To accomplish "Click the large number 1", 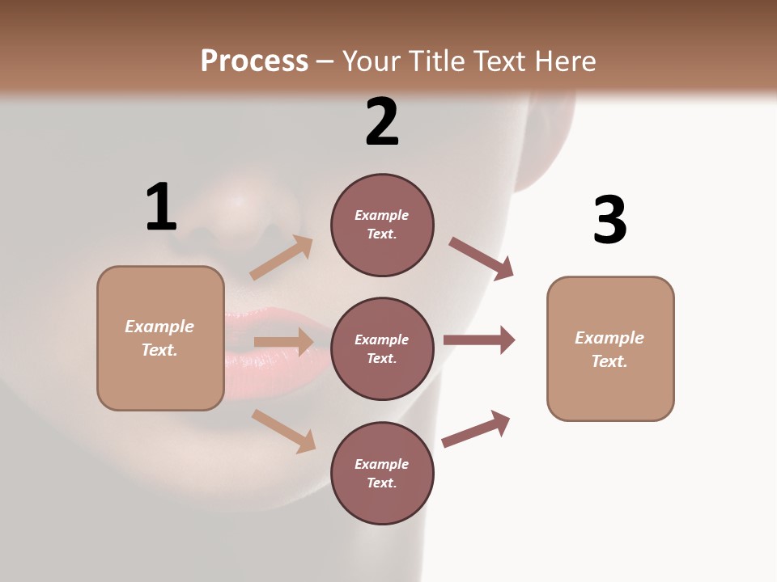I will pos(161,207).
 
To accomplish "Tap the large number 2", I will pos(382,122).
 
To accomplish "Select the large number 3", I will pos(609,220).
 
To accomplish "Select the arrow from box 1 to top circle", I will pos(282,258).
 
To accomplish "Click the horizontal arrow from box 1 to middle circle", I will pos(283,342).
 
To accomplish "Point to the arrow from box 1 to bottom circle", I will pos(283,431).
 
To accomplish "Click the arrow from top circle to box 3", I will pos(482,259).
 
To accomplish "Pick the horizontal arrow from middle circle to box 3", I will pos(479,339).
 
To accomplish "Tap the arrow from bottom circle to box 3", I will pos(476,428).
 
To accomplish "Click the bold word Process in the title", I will pos(254,61).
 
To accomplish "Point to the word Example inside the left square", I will pos(159,327).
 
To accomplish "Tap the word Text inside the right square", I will pos(609,361).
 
